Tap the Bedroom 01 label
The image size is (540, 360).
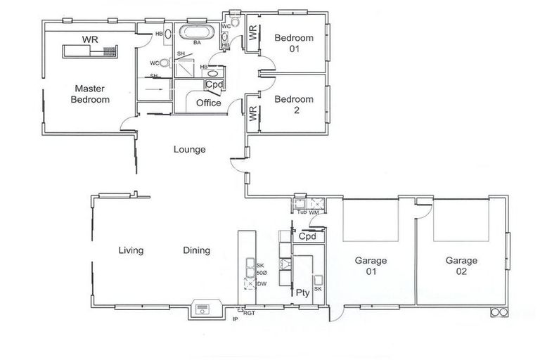[x=293, y=43]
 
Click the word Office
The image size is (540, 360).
[x=209, y=103]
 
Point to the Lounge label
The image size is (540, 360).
[x=190, y=149]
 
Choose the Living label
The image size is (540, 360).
[x=131, y=250]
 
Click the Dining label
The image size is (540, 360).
[x=196, y=250]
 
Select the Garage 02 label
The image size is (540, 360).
[x=461, y=266]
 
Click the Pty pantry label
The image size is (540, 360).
[x=303, y=292]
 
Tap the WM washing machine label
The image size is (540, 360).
[x=314, y=212]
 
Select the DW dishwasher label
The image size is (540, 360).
[x=262, y=283]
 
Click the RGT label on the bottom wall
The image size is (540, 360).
[x=250, y=314]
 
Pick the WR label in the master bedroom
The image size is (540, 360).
[x=89, y=39]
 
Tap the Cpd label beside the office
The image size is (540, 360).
[x=214, y=84]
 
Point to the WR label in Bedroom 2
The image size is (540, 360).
[x=252, y=112]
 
